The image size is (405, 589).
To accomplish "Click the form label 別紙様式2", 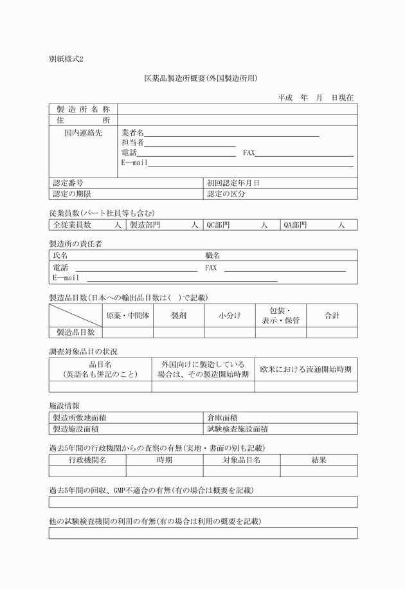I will [66, 59].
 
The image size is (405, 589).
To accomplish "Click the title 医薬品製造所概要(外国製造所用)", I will [201, 79].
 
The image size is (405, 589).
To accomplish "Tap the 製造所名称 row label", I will [84, 110].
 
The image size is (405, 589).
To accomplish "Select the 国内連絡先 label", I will [83, 133].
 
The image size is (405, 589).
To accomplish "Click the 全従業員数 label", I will [72, 225].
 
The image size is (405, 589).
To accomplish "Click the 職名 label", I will [213, 256].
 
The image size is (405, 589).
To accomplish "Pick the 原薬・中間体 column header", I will [127, 316].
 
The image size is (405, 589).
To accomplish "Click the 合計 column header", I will [332, 316].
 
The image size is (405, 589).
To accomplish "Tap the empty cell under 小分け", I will [229, 332].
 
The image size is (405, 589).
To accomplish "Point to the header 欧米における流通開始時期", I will [305, 369].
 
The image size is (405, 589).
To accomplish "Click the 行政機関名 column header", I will [87, 460].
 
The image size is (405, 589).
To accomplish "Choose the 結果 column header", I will [319, 460].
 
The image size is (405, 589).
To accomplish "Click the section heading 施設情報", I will [64, 406].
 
